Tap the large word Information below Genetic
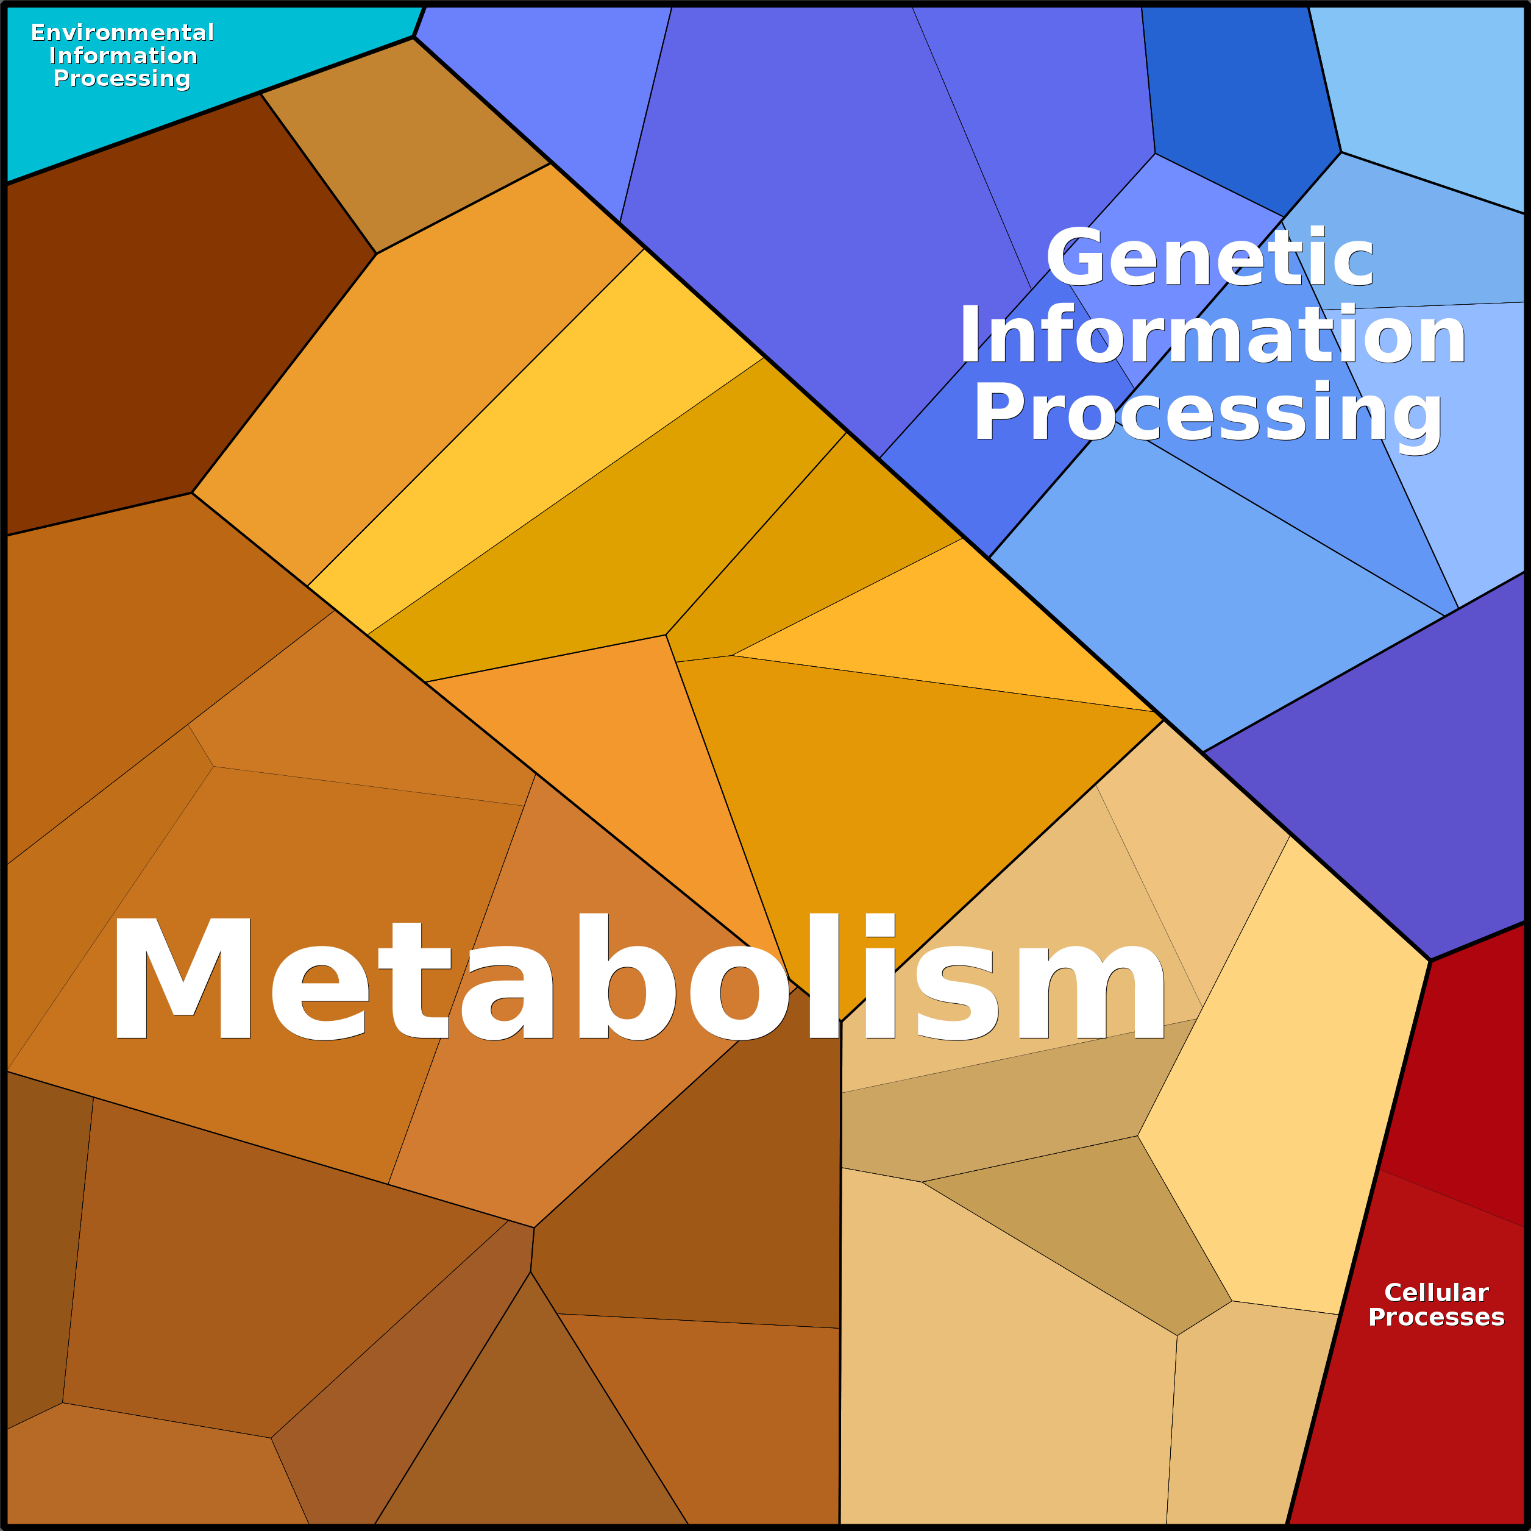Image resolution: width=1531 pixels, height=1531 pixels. pyautogui.click(x=1212, y=337)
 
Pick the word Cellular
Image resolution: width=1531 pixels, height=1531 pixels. pyautogui.click(x=1436, y=1293)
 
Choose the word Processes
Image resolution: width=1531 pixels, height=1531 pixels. pyautogui.click(x=1436, y=1317)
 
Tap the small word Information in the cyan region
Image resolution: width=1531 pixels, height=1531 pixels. pyautogui.click(x=123, y=55)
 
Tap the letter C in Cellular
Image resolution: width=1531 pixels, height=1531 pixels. pyautogui.click(x=1394, y=1293)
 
